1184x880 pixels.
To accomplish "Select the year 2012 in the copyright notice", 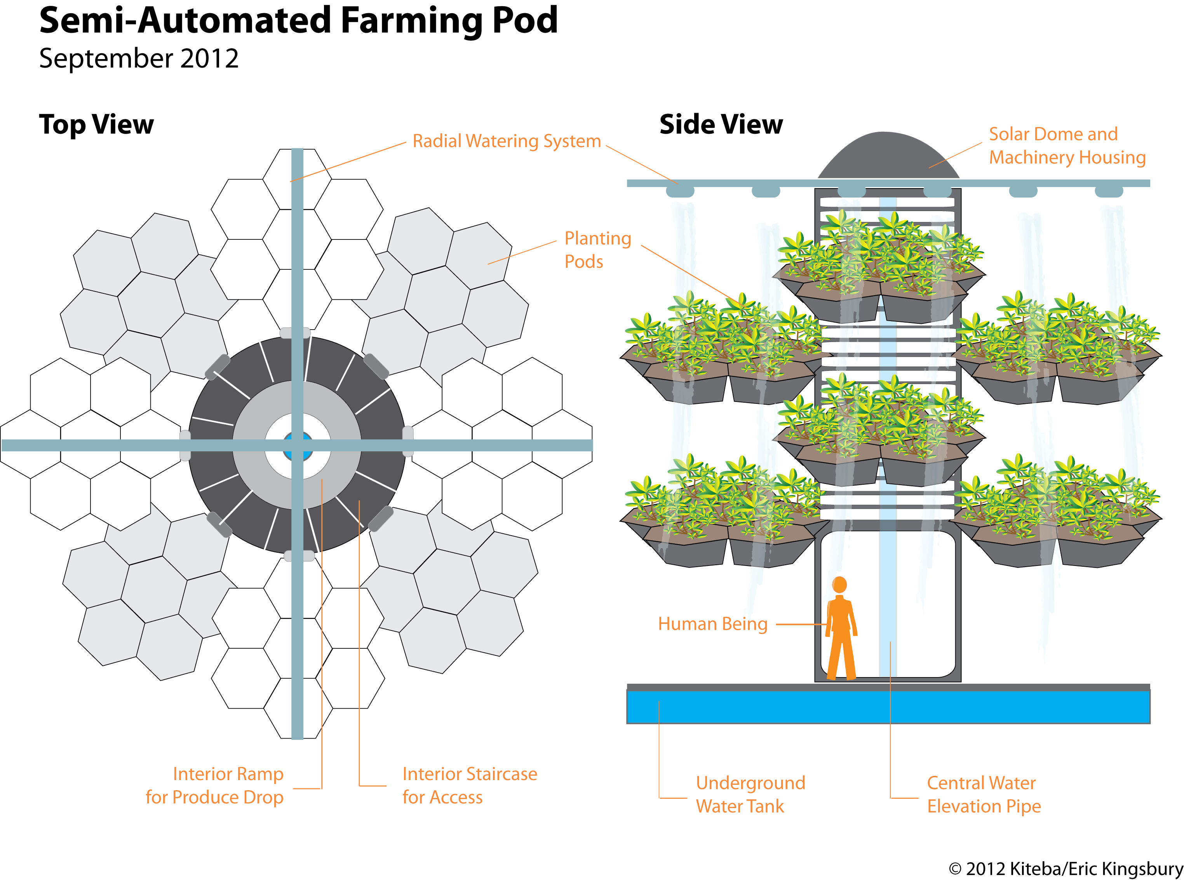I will (986, 869).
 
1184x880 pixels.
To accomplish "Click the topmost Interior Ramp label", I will (228, 774).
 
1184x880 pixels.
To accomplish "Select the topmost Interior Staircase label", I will (470, 774).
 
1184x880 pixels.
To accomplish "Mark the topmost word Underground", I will (750, 783).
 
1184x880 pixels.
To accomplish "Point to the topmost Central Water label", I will (981, 783).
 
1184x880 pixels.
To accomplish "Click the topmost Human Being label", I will (713, 624).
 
